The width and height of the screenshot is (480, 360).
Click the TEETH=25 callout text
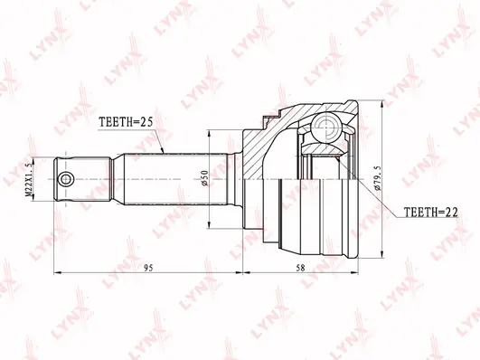(x=126, y=122)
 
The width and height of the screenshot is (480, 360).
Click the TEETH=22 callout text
(x=431, y=212)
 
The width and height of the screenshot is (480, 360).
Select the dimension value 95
(x=148, y=268)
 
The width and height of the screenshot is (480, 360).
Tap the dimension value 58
(x=301, y=268)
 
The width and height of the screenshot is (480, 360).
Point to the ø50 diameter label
(x=205, y=177)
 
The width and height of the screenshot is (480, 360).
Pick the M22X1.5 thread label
(x=28, y=179)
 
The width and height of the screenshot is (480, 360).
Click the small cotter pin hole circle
(x=66, y=179)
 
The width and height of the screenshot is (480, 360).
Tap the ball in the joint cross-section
(x=326, y=128)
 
